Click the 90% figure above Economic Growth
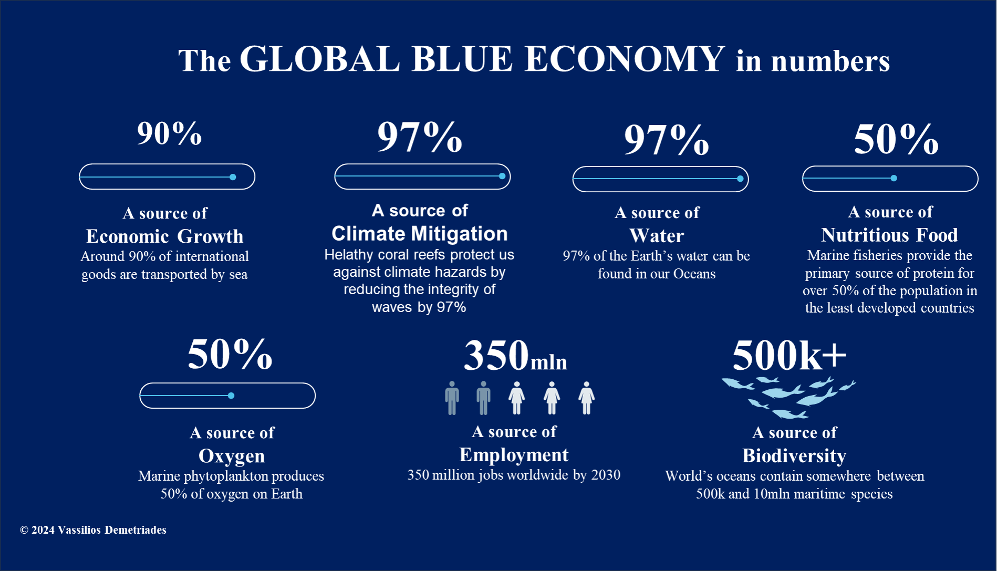169,133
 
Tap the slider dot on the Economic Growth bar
233,177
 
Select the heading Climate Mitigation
420,233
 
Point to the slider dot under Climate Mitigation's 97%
502,176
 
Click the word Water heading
657,236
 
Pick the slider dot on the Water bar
740,179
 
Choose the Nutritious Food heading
889,235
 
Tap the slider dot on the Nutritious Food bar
894,178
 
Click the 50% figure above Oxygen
230,354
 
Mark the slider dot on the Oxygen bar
231,396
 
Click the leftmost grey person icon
452,398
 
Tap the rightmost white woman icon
586,398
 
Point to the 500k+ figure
790,355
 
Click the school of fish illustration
788,397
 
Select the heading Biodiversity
794,455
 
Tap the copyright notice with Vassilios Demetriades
93,530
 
